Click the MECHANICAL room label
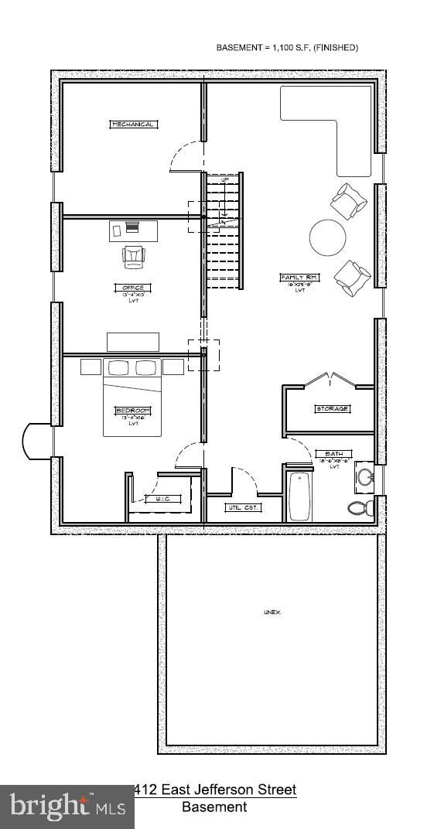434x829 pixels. pyautogui.click(x=133, y=125)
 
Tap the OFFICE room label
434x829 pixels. pyautogui.click(x=133, y=288)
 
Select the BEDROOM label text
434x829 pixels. pyautogui.click(x=133, y=410)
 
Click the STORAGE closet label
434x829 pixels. pyautogui.click(x=331, y=408)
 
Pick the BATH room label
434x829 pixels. pyautogui.click(x=334, y=454)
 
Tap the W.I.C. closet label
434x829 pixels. pyautogui.click(x=162, y=499)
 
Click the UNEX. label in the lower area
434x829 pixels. pyautogui.click(x=272, y=612)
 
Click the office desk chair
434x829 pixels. pyautogui.click(x=133, y=256)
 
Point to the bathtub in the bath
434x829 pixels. pyautogui.click(x=298, y=495)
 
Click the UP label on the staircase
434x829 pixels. pyautogui.click(x=225, y=180)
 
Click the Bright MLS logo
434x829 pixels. pyautogui.click(x=66, y=807)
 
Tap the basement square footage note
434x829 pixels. pyautogui.click(x=286, y=48)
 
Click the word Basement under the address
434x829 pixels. pyautogui.click(x=214, y=807)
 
